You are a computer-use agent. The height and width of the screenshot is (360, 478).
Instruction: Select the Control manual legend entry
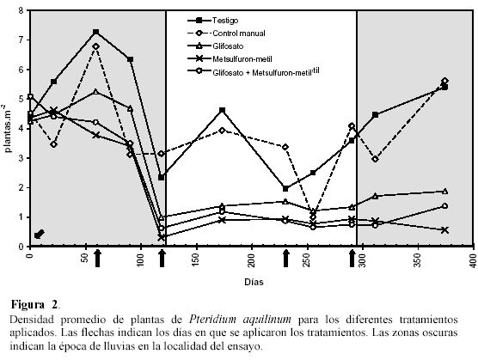click(x=226, y=34)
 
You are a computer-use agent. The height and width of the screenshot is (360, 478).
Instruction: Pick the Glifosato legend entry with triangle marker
click(x=215, y=46)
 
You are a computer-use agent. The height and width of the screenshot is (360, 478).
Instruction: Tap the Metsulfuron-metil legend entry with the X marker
click(x=230, y=58)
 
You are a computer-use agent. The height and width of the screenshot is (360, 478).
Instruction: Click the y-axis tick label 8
click(x=21, y=11)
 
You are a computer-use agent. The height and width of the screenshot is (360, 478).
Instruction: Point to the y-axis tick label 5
click(x=21, y=100)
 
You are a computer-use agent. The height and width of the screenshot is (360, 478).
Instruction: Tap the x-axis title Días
click(x=254, y=282)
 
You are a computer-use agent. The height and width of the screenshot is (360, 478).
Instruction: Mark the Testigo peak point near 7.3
click(x=95, y=32)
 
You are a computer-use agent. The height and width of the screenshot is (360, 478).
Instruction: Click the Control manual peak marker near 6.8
click(x=95, y=46)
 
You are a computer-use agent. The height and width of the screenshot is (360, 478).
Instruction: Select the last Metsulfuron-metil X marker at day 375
click(x=444, y=230)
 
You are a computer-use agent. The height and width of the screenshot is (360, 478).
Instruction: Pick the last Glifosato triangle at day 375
click(x=444, y=192)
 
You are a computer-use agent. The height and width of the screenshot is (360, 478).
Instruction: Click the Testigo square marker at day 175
click(x=222, y=110)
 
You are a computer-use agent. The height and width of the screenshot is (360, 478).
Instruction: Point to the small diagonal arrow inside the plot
click(x=40, y=234)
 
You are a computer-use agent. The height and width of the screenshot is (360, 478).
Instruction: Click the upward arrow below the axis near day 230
click(x=285, y=259)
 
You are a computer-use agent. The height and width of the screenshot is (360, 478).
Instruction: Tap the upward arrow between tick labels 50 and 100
click(x=97, y=259)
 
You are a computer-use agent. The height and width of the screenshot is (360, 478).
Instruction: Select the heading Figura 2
click(x=34, y=304)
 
